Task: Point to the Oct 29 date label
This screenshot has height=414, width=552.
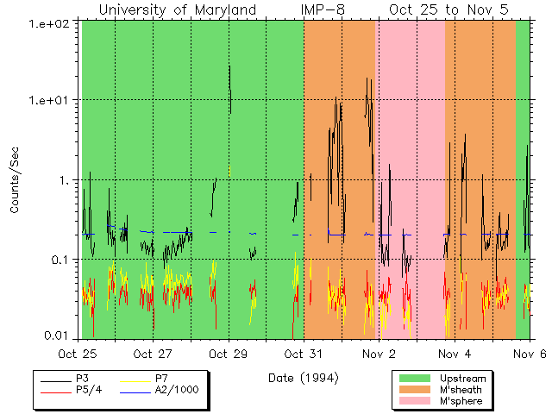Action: [x=229, y=353]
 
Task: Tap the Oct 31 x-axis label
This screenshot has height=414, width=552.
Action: [x=304, y=353]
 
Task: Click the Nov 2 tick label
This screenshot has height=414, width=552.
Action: [x=379, y=353]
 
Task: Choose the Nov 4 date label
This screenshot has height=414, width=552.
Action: [x=454, y=353]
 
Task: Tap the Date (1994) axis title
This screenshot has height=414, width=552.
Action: [x=303, y=378]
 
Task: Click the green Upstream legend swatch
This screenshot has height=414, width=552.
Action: [x=416, y=378]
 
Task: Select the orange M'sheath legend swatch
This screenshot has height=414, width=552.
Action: [x=416, y=389]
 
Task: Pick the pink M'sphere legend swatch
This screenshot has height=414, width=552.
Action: [x=416, y=401]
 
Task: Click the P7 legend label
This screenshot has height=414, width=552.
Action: [x=162, y=378]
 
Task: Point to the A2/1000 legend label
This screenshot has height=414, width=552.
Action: [x=177, y=390]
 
